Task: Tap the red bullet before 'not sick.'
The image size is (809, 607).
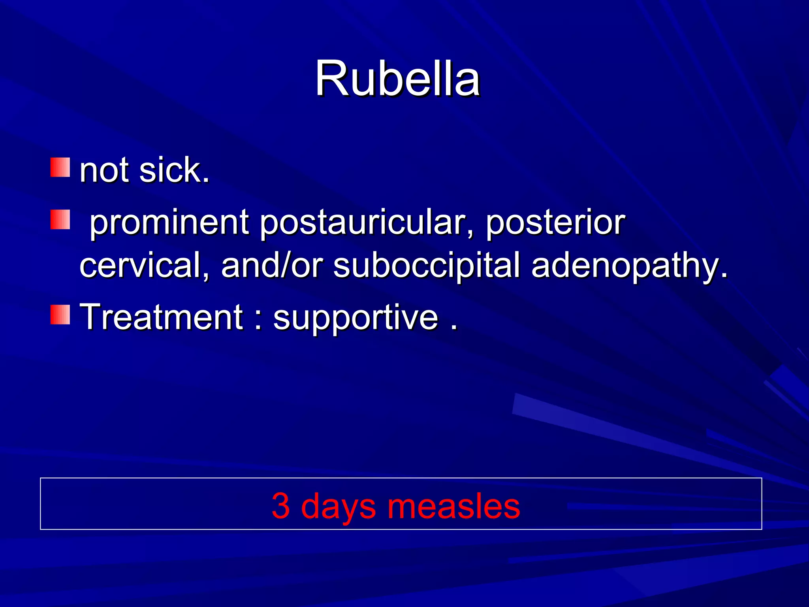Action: (60, 167)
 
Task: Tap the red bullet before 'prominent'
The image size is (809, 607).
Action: (60, 219)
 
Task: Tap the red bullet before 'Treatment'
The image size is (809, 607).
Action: (60, 315)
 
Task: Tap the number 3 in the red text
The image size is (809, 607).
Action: (281, 506)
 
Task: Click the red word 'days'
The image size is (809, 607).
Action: (338, 507)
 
